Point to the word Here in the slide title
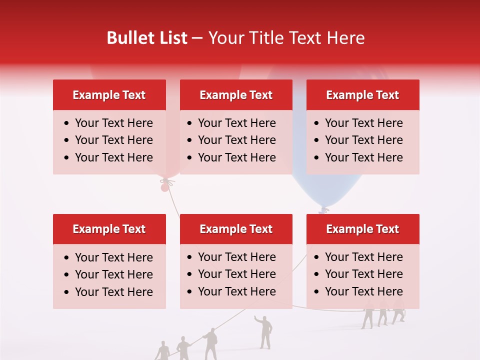tap(346, 38)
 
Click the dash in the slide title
tap(197, 38)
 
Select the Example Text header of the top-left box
tap(109, 95)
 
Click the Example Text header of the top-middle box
tap(236, 95)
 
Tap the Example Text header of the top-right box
tap(362, 95)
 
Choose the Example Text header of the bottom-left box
tap(109, 229)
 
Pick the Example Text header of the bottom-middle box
tap(236, 229)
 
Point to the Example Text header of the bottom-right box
tap(362, 229)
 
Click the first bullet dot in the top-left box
tap(66, 123)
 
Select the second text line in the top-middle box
tap(236, 140)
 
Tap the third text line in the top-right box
tap(363, 157)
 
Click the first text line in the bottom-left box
tap(113, 257)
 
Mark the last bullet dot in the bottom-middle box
tap(189, 291)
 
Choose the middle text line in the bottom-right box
tap(363, 274)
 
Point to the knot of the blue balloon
tap(323, 210)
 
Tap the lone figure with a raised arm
tap(264, 331)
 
